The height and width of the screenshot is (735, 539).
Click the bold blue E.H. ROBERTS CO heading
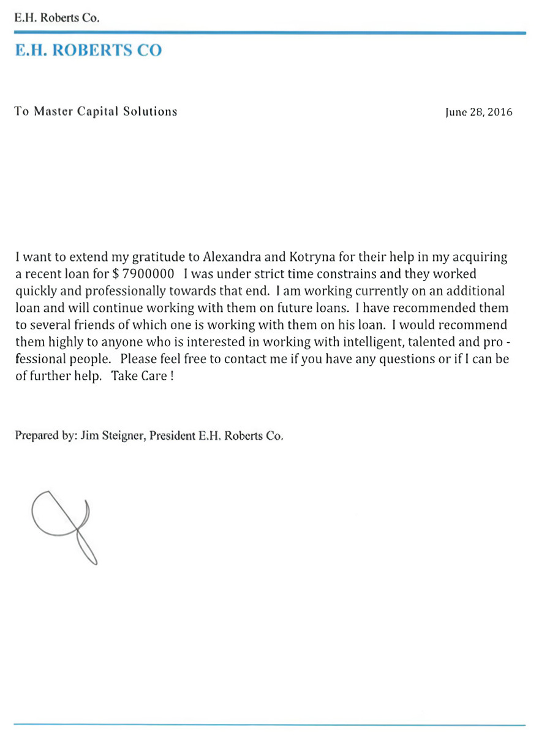point(89,50)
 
